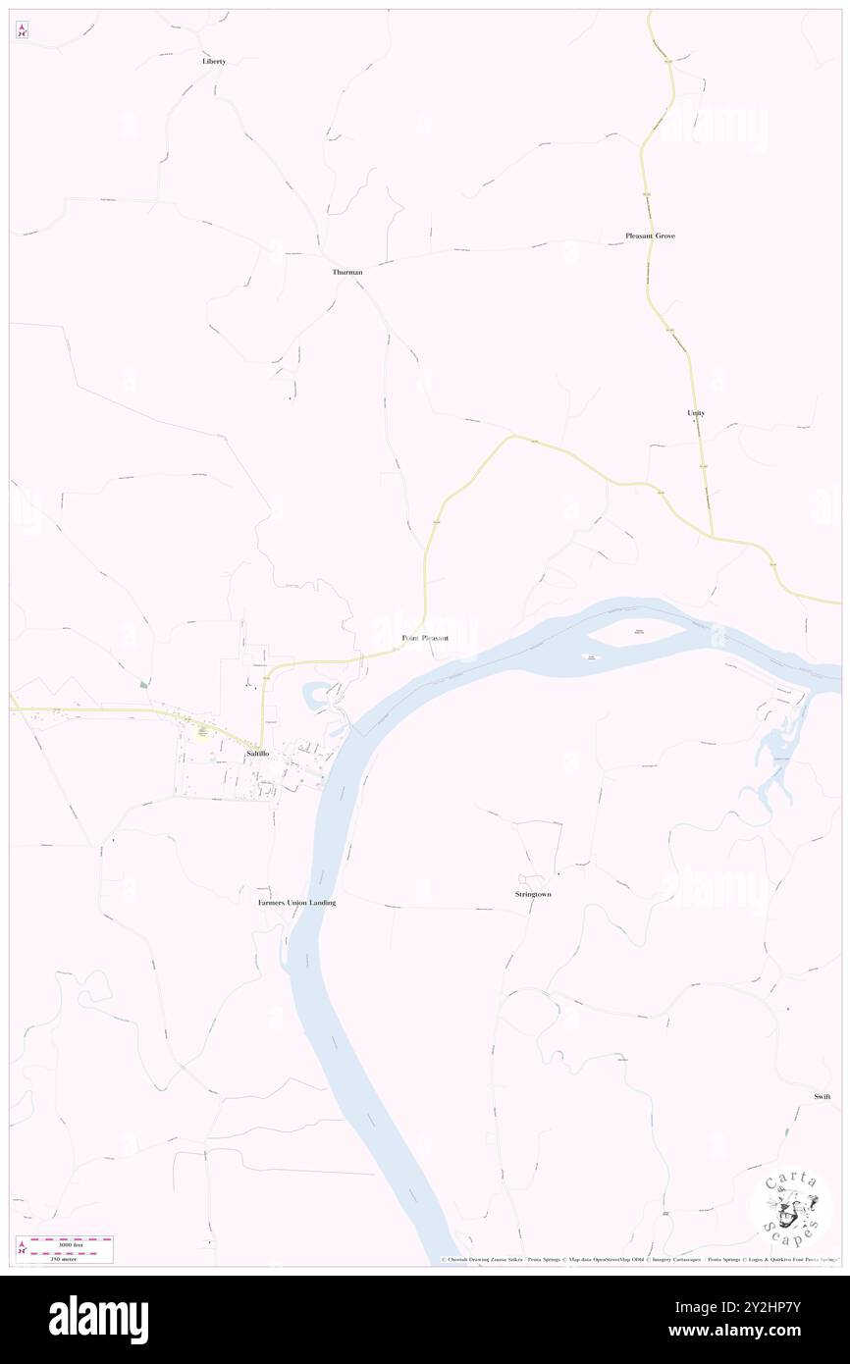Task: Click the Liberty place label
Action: click(x=214, y=61)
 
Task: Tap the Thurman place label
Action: click(x=347, y=272)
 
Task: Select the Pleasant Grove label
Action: click(x=650, y=236)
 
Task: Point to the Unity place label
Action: click(x=696, y=413)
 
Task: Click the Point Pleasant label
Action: click(x=425, y=638)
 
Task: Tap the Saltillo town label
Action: click(x=258, y=753)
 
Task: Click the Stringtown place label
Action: click(x=533, y=894)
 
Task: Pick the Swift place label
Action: click(x=822, y=1096)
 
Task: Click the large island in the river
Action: click(x=639, y=634)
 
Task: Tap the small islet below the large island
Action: click(x=592, y=657)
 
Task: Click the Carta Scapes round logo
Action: click(x=791, y=1206)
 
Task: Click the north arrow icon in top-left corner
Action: click(x=22, y=30)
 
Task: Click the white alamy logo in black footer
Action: click(x=98, y=1320)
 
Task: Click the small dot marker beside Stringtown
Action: click(x=558, y=873)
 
